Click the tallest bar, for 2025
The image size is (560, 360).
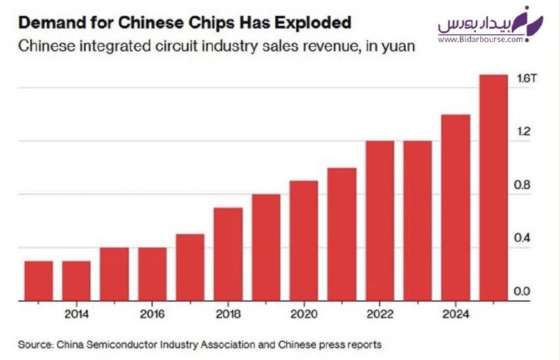coord(493,188)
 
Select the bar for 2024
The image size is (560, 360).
coord(456,208)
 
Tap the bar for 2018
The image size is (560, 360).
coord(228,254)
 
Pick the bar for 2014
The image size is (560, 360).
coord(76,281)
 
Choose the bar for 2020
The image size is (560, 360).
coord(304,241)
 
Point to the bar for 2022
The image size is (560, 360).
coord(379,221)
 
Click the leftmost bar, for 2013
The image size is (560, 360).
coord(38,281)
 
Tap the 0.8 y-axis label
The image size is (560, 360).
coord(521,185)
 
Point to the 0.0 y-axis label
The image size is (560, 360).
coord(521,291)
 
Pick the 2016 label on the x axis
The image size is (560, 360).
coord(153,314)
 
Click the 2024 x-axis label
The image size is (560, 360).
coord(456,314)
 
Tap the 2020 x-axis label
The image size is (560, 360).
coord(304,314)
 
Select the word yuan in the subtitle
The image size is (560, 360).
coord(398,47)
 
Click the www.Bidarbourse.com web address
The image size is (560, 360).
coord(481,39)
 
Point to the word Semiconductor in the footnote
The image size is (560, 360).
coord(122,345)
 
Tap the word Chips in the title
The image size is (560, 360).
coord(211,24)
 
